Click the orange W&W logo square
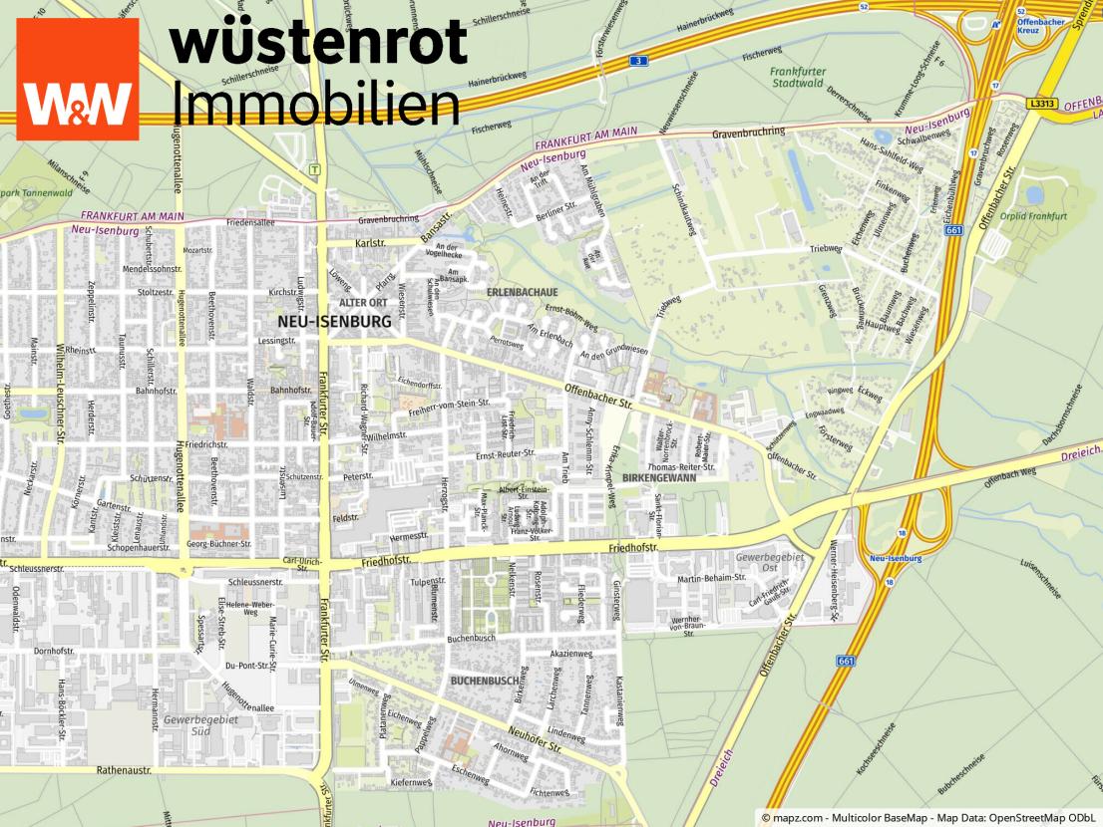point(78,79)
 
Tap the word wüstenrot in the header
point(318,43)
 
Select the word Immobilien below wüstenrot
point(316,103)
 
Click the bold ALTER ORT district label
point(363,302)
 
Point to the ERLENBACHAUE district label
point(521,293)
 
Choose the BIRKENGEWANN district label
point(658,478)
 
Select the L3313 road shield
point(1042,103)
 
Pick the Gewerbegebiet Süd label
point(201,725)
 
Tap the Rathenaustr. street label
point(124,770)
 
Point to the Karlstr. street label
point(369,243)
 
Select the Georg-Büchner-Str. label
point(219,544)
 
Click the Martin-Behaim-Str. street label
point(712,578)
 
